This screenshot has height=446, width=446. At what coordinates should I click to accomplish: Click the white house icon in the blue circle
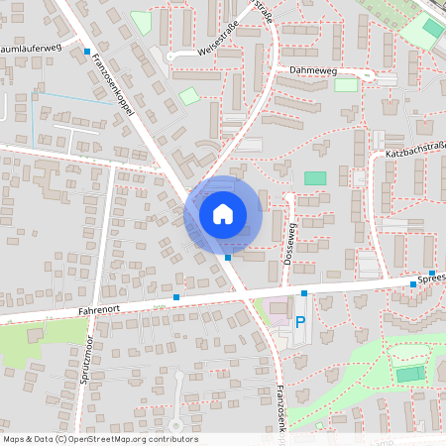click(x=223, y=213)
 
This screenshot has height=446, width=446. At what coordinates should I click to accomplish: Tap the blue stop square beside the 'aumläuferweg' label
click(x=87, y=51)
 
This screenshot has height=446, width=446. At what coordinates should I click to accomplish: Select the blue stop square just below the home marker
click(x=229, y=257)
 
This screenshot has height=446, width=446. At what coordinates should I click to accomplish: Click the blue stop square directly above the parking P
click(x=304, y=293)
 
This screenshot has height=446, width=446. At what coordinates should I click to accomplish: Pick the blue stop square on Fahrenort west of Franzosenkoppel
click(x=176, y=296)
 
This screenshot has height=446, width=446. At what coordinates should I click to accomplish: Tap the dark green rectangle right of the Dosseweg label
click(x=315, y=177)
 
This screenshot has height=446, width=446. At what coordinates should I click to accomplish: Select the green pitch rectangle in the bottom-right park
click(x=409, y=374)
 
